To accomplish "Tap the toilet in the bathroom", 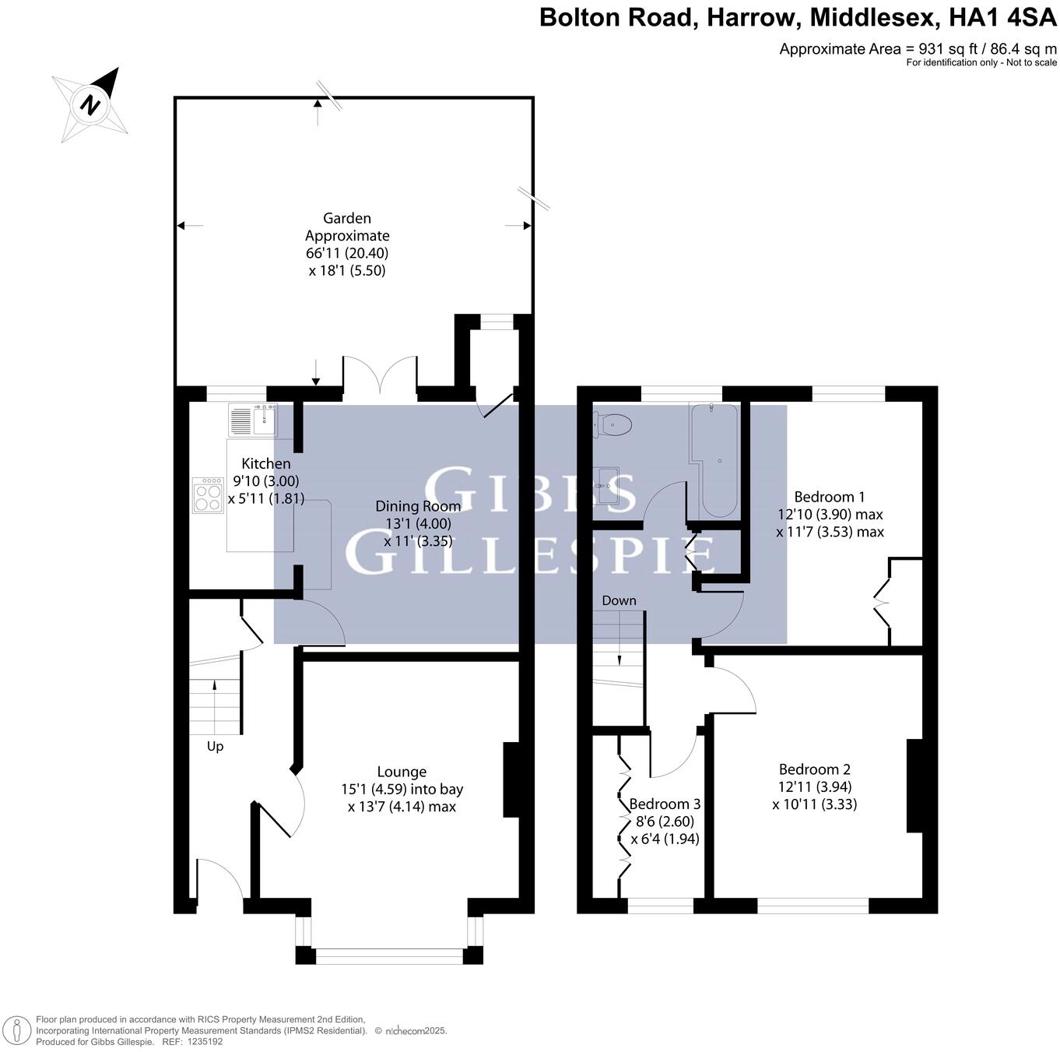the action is (x=613, y=424).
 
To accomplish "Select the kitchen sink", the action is (x=253, y=420).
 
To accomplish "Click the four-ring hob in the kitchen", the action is (x=208, y=494).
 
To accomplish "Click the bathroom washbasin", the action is (x=606, y=486).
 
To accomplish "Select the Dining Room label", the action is (x=418, y=506).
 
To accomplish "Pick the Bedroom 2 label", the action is (x=814, y=769).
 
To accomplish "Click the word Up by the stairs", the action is (x=215, y=746).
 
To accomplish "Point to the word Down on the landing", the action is (x=619, y=600).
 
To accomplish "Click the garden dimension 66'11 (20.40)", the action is (x=347, y=253).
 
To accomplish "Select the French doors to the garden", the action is (x=381, y=377).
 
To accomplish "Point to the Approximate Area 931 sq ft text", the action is (x=918, y=49).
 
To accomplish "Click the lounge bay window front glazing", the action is (x=389, y=955).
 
